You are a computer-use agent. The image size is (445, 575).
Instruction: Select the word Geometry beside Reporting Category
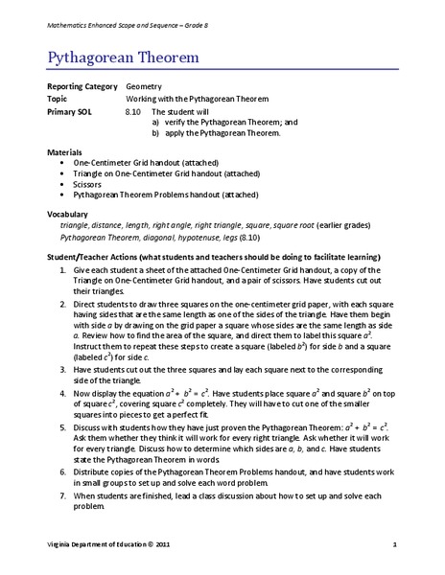click(147, 85)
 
